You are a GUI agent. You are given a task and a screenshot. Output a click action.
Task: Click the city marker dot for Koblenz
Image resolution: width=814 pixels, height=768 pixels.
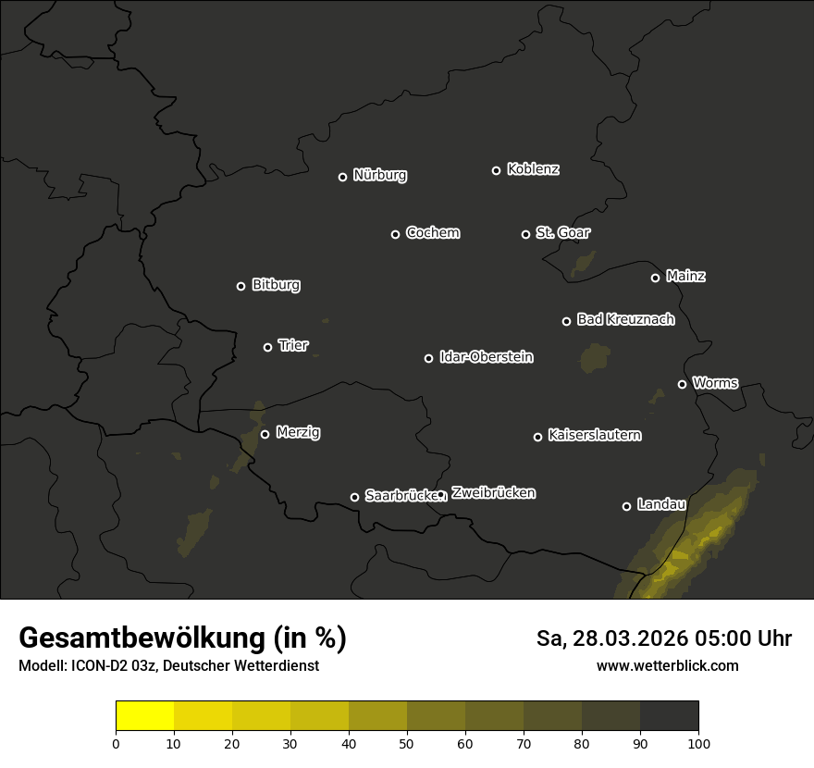[x=496, y=170]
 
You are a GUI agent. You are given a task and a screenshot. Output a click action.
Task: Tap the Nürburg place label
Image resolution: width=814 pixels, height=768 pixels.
[x=380, y=175]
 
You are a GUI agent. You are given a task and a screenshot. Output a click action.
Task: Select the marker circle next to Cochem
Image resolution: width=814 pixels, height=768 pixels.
[x=395, y=234]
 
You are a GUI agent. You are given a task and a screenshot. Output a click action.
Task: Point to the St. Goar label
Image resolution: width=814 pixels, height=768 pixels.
[x=562, y=232]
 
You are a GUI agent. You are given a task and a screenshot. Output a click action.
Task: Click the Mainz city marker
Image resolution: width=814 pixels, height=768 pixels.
[x=655, y=278]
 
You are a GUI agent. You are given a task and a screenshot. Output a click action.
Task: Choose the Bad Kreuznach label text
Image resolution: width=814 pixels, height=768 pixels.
[x=625, y=319]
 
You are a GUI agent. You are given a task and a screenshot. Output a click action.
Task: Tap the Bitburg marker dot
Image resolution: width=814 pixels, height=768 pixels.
[x=240, y=286]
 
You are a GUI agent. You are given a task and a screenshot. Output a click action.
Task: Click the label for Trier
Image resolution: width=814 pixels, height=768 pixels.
[x=293, y=345]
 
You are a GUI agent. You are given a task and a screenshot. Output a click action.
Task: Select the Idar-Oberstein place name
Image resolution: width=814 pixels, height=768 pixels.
[x=486, y=356]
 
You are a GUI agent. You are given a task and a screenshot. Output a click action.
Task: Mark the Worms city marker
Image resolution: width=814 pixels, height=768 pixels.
[x=682, y=384]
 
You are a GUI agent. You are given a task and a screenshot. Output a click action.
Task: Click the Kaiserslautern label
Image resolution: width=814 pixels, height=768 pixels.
[x=594, y=435]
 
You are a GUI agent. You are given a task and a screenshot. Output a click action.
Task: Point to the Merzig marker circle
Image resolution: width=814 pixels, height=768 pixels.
[x=265, y=434]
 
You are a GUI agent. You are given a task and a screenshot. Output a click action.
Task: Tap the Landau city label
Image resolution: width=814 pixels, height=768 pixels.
[x=661, y=504]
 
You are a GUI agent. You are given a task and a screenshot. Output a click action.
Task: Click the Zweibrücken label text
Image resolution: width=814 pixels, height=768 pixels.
[x=493, y=493]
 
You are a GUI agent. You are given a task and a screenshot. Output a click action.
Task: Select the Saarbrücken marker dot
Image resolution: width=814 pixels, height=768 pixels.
[x=354, y=497]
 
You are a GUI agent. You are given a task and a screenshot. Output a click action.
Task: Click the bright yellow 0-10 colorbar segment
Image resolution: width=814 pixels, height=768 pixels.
[x=144, y=716]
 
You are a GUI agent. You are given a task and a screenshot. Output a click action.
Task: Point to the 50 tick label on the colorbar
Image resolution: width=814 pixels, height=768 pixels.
[x=407, y=742]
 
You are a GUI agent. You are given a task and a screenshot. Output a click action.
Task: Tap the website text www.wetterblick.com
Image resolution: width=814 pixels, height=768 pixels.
[x=667, y=665]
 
